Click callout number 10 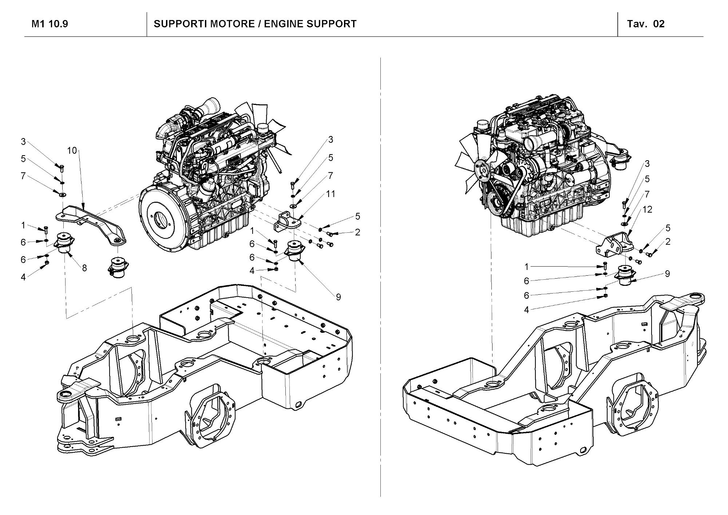[x=72, y=150]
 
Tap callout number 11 [x=331, y=194]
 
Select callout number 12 [x=647, y=209]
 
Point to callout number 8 [x=84, y=268]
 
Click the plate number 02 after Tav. [x=659, y=24]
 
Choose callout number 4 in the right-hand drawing [x=526, y=310]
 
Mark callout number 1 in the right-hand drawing [x=526, y=267]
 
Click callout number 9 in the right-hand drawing [x=667, y=274]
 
